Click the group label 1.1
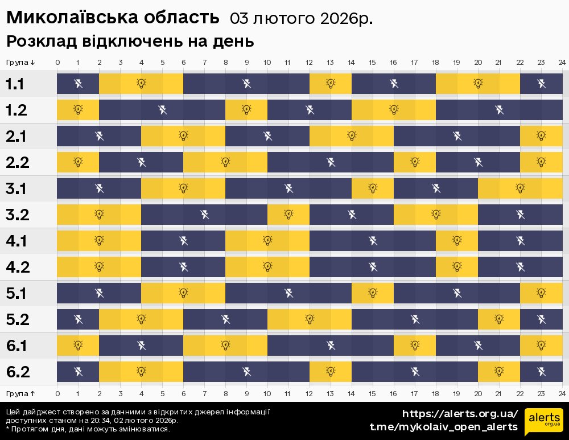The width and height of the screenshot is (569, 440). tap(15, 84)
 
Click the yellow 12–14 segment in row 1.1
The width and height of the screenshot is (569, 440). tap(331, 84)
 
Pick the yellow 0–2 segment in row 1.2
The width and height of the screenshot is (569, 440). tap(78, 110)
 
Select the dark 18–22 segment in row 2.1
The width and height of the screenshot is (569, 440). tap(457, 137)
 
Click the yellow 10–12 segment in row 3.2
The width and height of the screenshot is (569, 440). tap(288, 215)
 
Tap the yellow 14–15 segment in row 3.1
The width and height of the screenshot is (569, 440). tap(373, 189)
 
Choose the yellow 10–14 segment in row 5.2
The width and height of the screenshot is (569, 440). tap(310, 320)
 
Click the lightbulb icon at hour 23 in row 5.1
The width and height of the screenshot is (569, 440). tap(541, 294)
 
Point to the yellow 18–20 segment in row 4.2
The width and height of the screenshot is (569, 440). tap(457, 268)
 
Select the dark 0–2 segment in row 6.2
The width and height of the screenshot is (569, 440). tap(78, 372)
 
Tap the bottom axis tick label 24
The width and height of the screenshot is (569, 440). tap(562, 393)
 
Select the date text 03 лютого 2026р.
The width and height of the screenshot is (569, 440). tap(301, 18)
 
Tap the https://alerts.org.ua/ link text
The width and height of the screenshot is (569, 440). tap(460, 414)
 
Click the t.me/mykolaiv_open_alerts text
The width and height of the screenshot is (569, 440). tap(444, 427)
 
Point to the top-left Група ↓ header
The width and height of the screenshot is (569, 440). tap(21, 62)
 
